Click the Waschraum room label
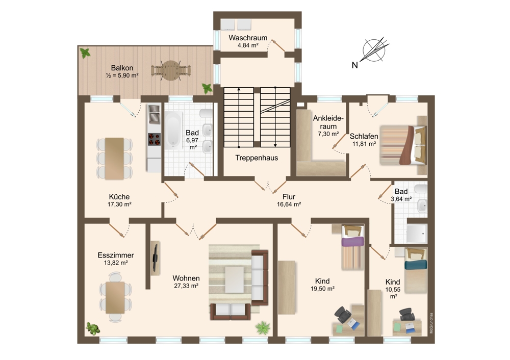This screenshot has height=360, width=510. click(248, 38)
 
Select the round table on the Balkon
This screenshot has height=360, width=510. click(171, 70)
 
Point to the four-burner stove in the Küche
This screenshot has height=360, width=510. click(154, 139)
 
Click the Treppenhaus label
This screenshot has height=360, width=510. click(257, 158)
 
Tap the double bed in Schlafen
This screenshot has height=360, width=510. click(403, 145)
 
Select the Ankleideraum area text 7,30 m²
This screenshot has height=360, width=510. click(328, 134)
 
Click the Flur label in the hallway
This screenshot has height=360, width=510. click(289, 197)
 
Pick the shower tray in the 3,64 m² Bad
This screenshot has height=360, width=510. click(417, 233)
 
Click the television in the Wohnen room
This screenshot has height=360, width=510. click(156, 258)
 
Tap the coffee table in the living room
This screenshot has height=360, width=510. click(235, 279)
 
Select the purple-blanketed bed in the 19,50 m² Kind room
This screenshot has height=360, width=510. click(352, 247)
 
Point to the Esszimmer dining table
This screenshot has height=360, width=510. click(115, 297)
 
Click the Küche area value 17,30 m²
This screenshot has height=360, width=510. click(119, 204)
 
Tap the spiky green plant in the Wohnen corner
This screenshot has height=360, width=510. click(263, 328)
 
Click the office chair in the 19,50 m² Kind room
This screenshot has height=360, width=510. click(343, 315)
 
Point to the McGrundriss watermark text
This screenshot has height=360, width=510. click(431, 323)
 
